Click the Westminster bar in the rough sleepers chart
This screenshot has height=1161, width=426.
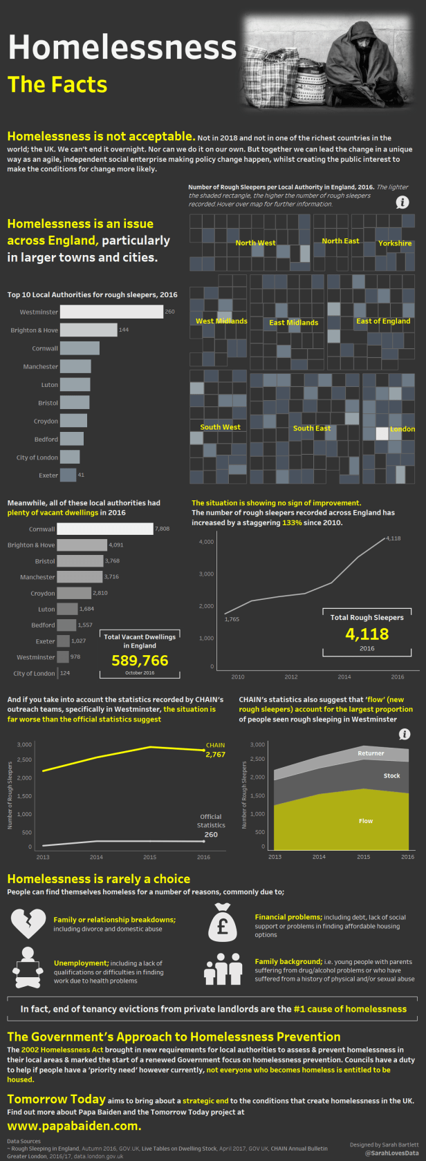point(111,312)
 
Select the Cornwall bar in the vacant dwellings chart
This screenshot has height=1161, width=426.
point(104,529)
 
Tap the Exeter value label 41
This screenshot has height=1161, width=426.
point(81,475)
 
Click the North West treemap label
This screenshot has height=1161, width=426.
point(255,243)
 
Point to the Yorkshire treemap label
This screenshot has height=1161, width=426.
point(395,243)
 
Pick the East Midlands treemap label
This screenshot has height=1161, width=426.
point(293,323)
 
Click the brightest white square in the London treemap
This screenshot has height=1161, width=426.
point(382,433)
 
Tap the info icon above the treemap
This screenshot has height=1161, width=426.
point(402,202)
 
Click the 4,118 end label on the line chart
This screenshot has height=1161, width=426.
point(393,538)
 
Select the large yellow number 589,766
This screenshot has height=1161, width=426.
point(140,661)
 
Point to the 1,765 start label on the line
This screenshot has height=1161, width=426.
point(232,619)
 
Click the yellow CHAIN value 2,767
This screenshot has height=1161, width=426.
point(215,755)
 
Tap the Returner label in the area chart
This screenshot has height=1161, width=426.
point(371,753)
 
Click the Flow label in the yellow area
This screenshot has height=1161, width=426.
point(366,821)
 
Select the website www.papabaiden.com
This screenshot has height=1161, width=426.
point(74,1126)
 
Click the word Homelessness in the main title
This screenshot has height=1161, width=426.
point(122,48)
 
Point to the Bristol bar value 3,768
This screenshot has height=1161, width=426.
point(112,561)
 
